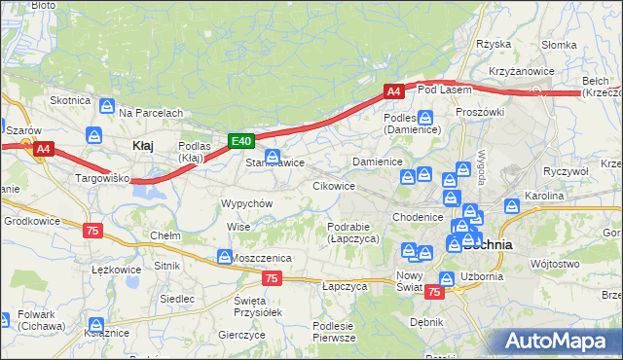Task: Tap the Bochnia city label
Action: coord(489,245)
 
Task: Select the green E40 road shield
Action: coord(241,141)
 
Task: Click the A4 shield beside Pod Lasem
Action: coord(393,91)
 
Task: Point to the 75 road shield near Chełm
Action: coord(92,231)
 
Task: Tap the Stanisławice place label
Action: coord(275,162)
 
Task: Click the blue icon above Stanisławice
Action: coord(274,156)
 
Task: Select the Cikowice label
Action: coord(334,185)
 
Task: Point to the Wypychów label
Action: coord(246,203)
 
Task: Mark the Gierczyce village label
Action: coord(243,334)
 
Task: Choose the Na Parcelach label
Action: coord(151,113)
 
